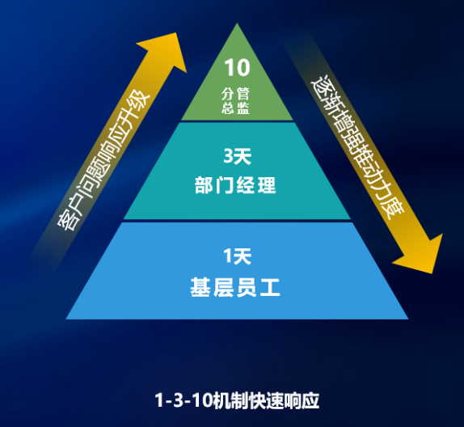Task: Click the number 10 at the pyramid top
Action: click(x=237, y=67)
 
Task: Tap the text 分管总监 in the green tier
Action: click(x=235, y=101)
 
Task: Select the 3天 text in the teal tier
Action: click(x=237, y=156)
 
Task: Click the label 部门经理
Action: click(x=235, y=185)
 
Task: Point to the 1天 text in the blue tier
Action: click(x=237, y=256)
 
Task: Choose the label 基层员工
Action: click(x=235, y=287)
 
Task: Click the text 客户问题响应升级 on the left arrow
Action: click(x=103, y=160)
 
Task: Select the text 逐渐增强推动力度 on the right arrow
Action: click(x=357, y=147)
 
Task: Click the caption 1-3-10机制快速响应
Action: click(x=237, y=400)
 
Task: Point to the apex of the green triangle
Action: click(x=237, y=23)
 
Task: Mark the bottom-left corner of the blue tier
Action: click(x=65, y=319)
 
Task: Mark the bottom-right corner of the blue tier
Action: click(x=408, y=319)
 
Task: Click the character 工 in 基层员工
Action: click(x=269, y=287)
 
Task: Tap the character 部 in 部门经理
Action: click(x=205, y=185)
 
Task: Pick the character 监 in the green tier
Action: click(x=243, y=108)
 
